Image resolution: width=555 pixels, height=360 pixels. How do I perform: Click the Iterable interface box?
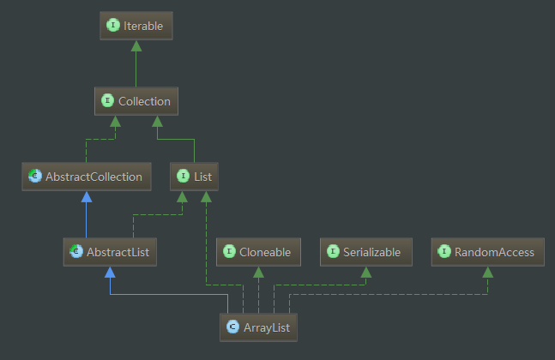coord(136,26)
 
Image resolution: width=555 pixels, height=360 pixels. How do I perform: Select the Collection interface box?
coord(136,101)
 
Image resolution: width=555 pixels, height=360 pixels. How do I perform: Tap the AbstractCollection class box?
coord(85,177)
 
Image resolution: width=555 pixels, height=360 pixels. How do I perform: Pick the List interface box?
coord(195,177)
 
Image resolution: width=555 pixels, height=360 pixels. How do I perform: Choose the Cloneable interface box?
coord(258,252)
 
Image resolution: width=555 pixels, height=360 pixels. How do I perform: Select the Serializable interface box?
coord(366,252)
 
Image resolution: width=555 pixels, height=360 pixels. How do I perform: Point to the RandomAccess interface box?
coord(486,252)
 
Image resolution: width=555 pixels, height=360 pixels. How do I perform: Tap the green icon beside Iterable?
coord(112,26)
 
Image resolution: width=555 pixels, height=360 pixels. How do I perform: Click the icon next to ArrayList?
coord(232,327)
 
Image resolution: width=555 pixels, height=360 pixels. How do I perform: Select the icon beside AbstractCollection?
coord(34,177)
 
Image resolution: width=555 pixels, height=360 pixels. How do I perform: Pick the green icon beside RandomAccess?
coord(444,252)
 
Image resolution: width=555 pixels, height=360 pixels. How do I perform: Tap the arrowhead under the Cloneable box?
coord(258,271)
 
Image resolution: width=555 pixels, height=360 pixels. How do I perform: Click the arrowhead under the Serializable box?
coord(366,271)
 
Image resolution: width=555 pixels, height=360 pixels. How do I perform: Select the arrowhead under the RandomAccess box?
coord(486,271)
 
